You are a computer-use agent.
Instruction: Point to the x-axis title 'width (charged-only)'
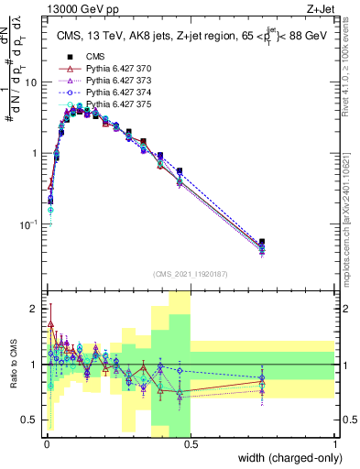tap(285, 458)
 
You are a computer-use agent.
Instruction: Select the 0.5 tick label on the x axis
tap(191, 443)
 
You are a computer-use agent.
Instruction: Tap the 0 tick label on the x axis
tap(45, 443)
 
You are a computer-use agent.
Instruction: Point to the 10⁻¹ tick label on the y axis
tap(28, 224)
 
